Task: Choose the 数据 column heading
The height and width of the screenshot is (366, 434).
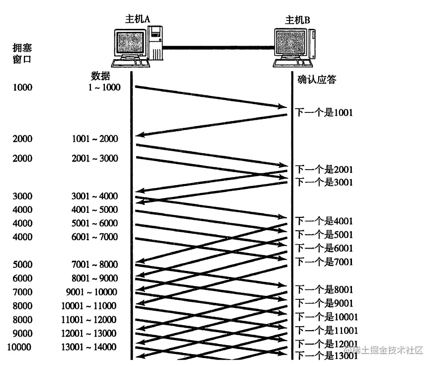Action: [x=100, y=76]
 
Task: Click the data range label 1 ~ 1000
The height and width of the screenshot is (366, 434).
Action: [x=104, y=88]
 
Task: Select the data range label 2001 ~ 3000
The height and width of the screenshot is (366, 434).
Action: [x=95, y=159]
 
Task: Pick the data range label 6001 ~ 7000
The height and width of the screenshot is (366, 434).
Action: [x=95, y=237]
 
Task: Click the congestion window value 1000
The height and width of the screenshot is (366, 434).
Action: [x=22, y=88]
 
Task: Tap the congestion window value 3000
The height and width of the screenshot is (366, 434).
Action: [x=22, y=196]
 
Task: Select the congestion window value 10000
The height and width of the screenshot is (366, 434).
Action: [x=20, y=347]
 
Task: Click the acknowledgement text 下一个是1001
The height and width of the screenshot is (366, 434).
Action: [x=324, y=113]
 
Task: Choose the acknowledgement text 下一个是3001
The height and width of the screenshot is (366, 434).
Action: [x=324, y=182]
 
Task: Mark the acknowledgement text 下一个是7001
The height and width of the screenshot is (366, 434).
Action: [x=324, y=262]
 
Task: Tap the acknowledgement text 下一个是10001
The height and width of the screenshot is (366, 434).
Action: [x=327, y=317]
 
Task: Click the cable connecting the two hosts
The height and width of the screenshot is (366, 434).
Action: [x=219, y=48]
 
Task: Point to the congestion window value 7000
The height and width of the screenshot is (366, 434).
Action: [x=22, y=292]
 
